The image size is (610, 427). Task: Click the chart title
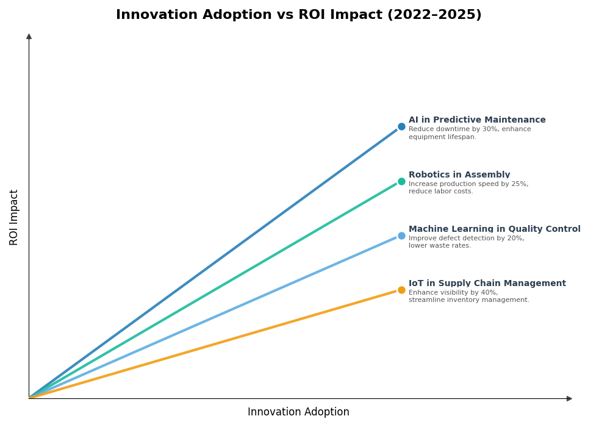[x=298, y=15]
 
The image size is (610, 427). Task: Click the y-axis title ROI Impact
[x=14, y=217]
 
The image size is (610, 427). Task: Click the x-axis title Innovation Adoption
[x=298, y=412]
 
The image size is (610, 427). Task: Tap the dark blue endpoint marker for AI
[x=401, y=127]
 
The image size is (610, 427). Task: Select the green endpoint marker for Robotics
[x=401, y=181]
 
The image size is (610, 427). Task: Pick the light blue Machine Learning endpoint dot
[x=401, y=235]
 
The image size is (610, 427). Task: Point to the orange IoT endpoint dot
[x=401, y=290]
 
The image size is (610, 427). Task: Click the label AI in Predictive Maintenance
[x=477, y=120]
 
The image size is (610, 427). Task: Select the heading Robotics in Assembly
[x=459, y=175]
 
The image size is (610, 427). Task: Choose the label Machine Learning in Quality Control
[x=494, y=229]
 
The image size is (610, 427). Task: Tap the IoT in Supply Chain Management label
[x=487, y=284]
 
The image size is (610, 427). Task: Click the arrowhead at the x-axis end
[x=569, y=399]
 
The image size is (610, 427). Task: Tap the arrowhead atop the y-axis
[x=29, y=37]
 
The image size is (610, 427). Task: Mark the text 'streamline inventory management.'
[x=468, y=300]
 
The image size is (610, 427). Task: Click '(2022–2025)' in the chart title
[x=434, y=15]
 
